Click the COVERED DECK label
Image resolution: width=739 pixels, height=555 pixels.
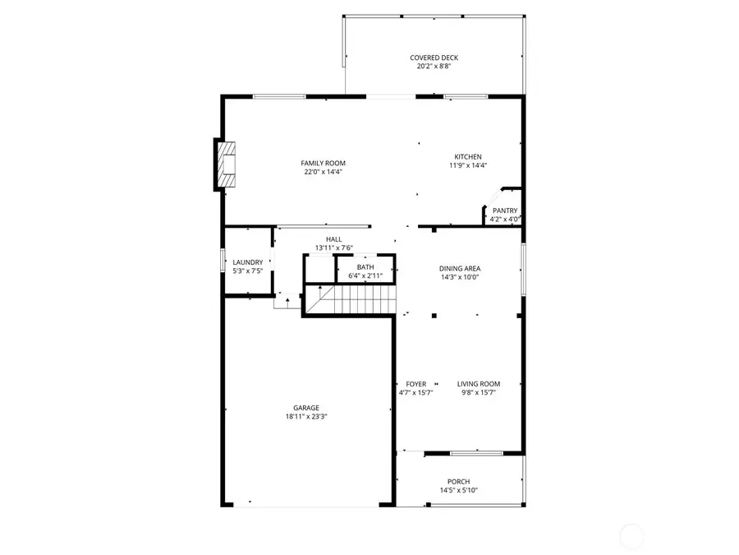(434, 58)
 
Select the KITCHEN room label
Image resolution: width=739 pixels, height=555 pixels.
(468, 157)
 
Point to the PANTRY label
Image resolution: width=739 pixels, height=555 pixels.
(505, 210)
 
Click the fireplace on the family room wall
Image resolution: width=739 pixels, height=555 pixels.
(226, 165)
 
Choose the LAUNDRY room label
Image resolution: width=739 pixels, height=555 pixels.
(247, 262)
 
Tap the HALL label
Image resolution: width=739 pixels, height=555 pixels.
(333, 239)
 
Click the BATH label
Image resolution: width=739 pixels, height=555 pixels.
(365, 267)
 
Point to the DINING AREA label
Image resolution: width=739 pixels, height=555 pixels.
(460, 268)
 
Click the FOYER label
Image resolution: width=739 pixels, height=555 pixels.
(415, 384)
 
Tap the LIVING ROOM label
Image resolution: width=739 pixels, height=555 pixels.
(479, 384)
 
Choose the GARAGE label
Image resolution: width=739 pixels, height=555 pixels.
(306, 408)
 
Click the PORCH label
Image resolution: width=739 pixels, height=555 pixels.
(459, 482)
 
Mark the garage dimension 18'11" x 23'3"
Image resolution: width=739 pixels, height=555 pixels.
(306, 417)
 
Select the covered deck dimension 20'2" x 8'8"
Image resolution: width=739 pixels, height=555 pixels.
(434, 67)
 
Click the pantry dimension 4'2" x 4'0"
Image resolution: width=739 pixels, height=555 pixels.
(505, 220)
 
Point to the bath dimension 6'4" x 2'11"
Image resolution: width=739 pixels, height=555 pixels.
(365, 276)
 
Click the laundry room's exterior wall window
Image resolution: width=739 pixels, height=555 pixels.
(222, 260)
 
